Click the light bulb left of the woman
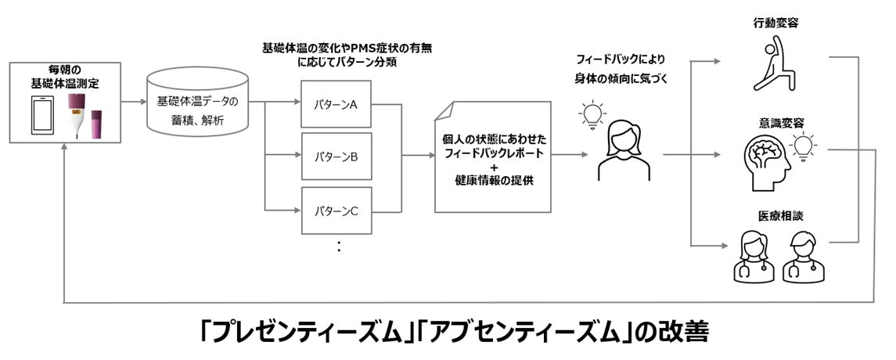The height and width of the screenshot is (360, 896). (591, 115)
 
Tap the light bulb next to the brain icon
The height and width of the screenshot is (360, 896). (804, 146)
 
